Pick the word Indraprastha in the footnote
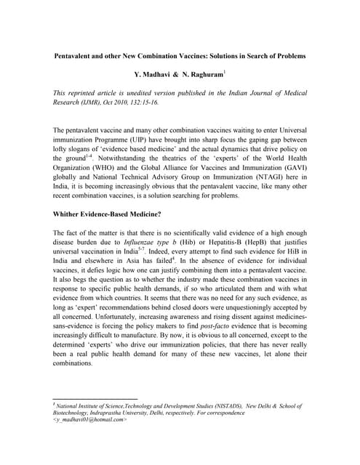pyautogui.click(x=114, y=412)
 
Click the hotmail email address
pyautogui.click(x=80, y=419)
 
